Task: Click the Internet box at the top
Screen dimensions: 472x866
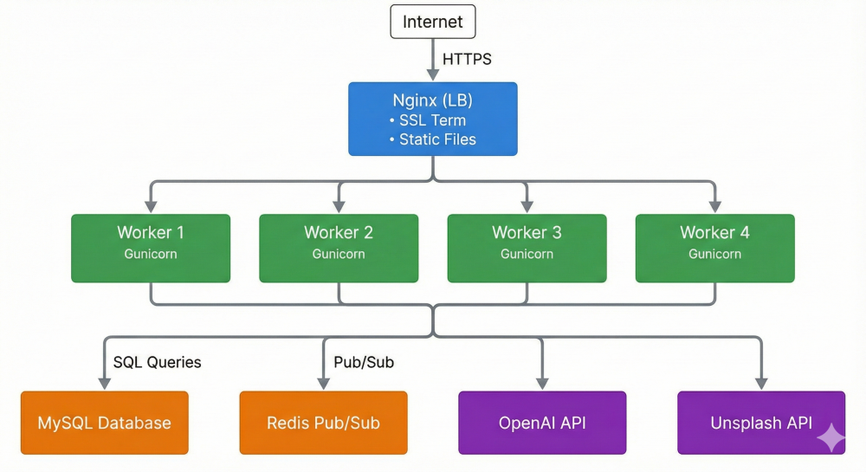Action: [433, 22]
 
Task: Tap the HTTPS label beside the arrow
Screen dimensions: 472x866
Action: [468, 60]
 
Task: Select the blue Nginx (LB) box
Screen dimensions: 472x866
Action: [433, 119]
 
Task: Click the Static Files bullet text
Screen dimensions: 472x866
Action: [436, 139]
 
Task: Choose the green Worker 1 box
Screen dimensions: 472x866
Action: [151, 248]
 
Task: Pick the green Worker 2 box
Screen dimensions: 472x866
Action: [339, 248]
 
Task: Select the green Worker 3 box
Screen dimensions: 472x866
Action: [527, 248]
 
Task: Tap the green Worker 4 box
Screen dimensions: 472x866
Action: [714, 248]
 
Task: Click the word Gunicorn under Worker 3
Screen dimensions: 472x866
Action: [527, 255]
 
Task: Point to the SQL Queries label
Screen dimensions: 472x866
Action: [157, 362]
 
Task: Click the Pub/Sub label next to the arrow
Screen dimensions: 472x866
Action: [364, 362]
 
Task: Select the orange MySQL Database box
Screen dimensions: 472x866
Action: [104, 423]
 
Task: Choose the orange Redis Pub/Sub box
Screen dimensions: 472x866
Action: [323, 423]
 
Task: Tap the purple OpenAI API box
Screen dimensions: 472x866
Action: [542, 423]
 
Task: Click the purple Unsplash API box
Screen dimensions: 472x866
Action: [761, 423]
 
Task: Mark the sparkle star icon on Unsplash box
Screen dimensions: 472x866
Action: [830, 438]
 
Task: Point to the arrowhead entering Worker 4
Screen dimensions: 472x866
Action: [714, 207]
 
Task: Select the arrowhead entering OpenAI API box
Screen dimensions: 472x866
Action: [542, 384]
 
